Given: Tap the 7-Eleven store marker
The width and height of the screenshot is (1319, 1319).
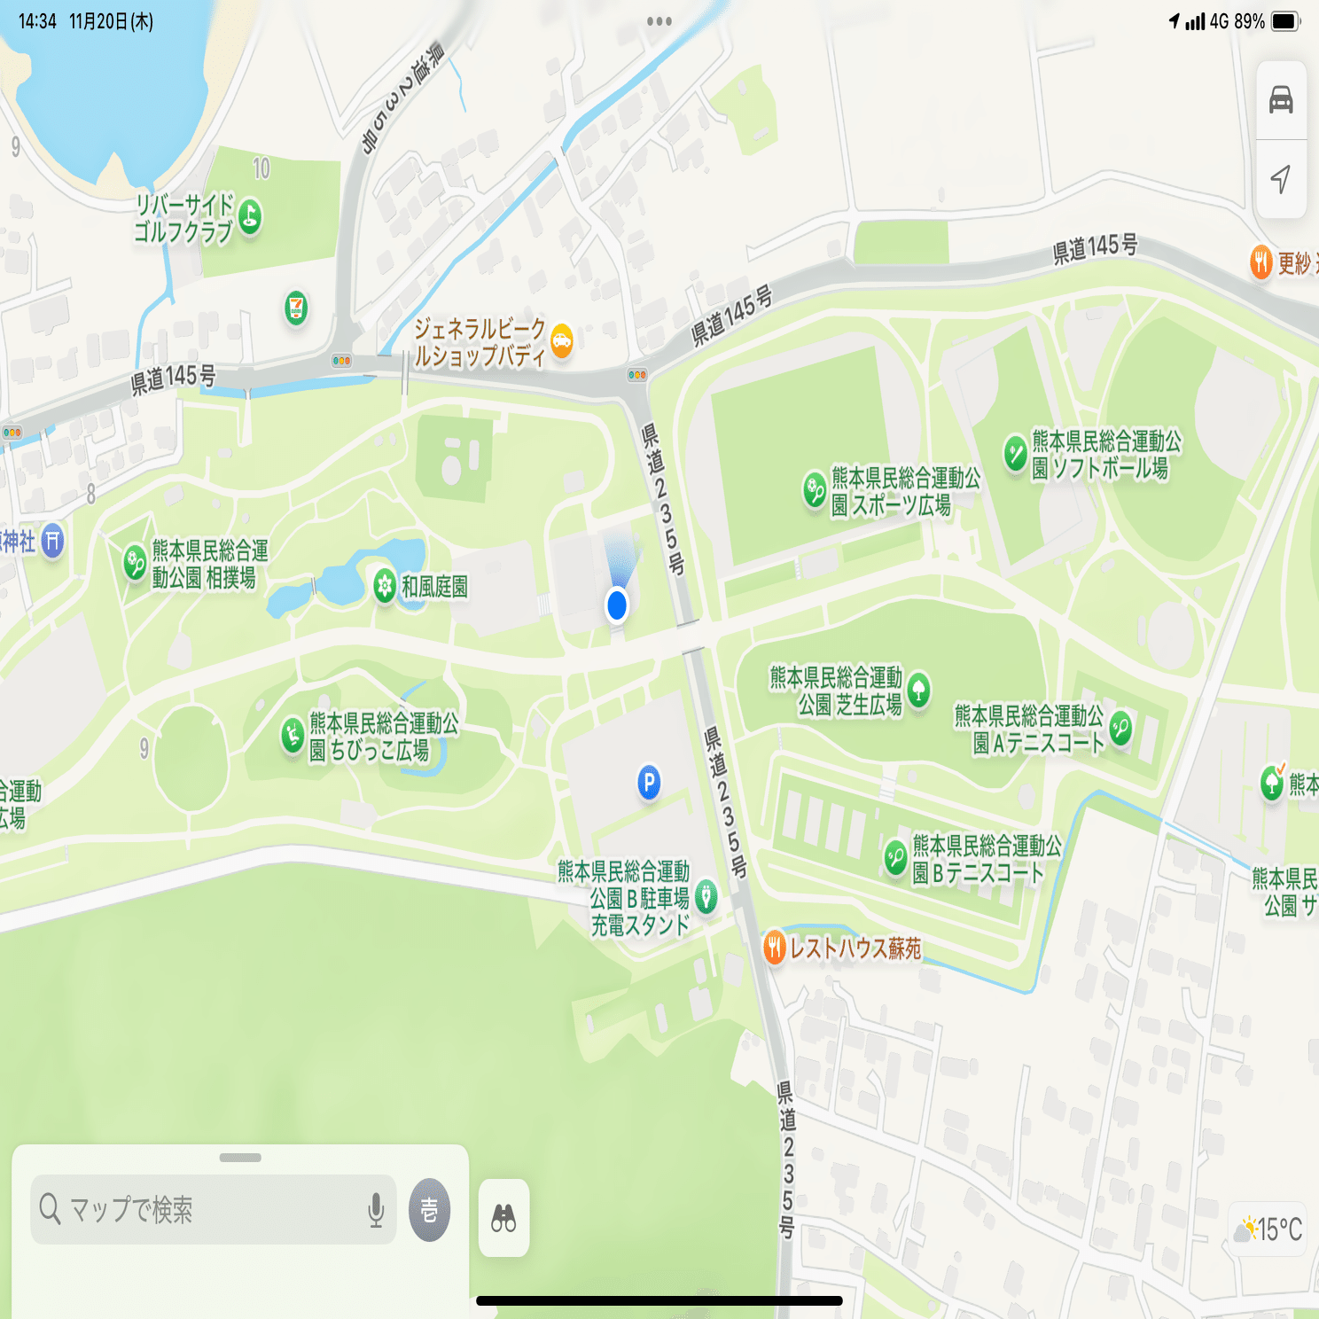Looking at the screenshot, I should [x=296, y=308].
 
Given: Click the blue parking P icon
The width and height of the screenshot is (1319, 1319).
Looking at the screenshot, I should [x=649, y=782].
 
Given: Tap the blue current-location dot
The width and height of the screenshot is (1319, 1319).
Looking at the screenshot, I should [x=617, y=605].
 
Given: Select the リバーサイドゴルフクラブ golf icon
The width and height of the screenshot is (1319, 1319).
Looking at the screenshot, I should [x=250, y=216].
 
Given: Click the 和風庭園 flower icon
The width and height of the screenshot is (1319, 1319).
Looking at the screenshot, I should [x=385, y=586].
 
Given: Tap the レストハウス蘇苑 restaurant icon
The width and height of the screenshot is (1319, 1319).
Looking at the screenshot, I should [x=774, y=948].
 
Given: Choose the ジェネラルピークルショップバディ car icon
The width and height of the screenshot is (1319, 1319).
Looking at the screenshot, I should [x=561, y=340].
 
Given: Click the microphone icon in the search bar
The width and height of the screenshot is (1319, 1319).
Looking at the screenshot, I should [x=376, y=1209].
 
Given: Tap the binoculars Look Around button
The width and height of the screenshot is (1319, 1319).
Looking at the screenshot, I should [x=503, y=1218].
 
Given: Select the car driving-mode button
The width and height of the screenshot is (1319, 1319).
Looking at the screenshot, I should [x=1281, y=99].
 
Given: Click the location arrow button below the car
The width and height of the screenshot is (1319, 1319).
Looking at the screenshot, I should [x=1281, y=179].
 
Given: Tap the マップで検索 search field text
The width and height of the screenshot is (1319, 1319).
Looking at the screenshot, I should [x=131, y=1209].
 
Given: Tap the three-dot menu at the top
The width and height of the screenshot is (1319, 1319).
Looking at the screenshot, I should [x=659, y=21].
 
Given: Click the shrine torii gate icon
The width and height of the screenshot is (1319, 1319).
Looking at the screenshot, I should [x=52, y=540].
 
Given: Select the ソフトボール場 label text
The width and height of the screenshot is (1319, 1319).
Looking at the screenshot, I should [x=1106, y=454].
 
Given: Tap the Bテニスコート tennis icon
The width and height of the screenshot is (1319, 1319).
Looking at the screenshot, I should [x=895, y=857].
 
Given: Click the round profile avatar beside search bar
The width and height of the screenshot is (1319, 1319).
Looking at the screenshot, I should [x=429, y=1209].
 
